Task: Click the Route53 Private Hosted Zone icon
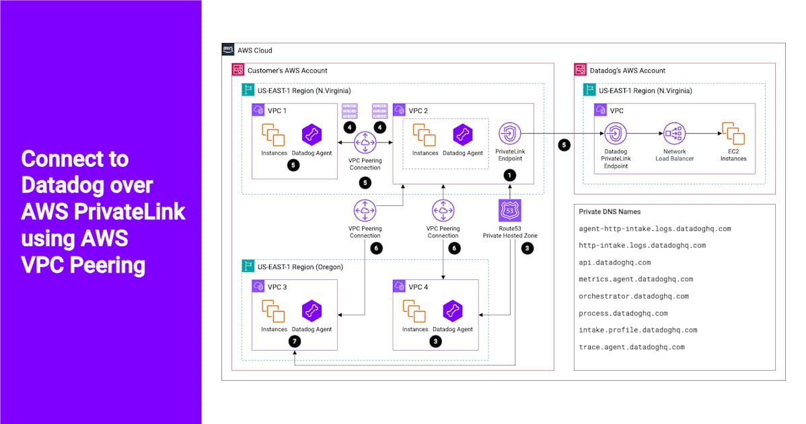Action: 509,211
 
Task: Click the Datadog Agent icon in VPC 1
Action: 311,135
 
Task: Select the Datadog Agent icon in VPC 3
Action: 311,310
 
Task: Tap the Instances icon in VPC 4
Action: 414,310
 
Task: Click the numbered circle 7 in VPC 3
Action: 293,341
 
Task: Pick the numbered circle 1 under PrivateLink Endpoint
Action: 510,174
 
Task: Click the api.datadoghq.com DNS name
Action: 614,262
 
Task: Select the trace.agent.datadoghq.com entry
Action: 631,347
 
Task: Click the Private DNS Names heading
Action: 610,211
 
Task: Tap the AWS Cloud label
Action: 256,50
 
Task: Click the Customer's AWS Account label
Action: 287,70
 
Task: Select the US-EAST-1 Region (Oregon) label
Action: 300,267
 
